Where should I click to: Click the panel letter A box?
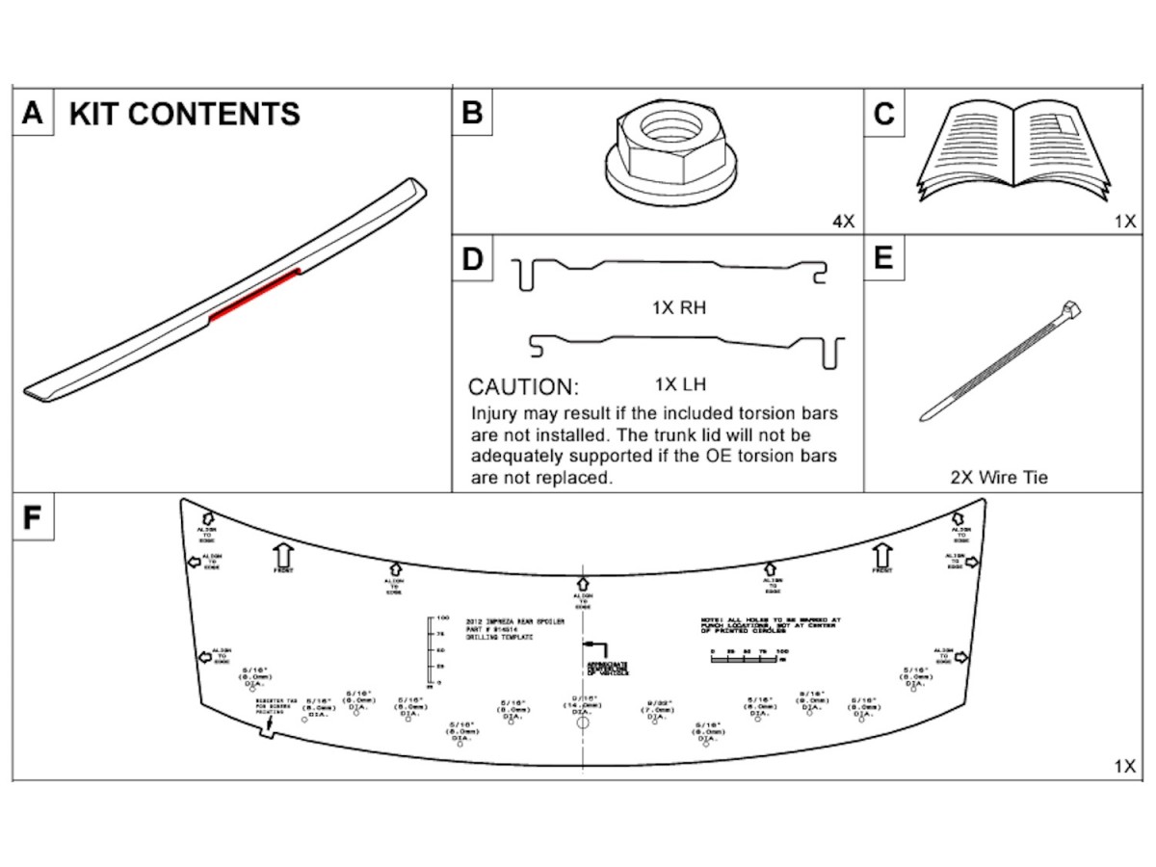tap(32, 114)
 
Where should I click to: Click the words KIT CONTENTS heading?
tap(184, 114)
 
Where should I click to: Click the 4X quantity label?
tap(843, 222)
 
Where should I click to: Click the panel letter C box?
tap(883, 114)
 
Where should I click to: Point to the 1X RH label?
tap(680, 308)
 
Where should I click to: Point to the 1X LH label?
tap(680, 384)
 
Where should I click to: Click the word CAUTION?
tap(523, 388)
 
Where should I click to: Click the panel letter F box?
tap(32, 516)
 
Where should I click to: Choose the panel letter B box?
tap(472, 114)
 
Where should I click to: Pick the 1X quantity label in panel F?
tap(1124, 767)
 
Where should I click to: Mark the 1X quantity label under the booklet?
tap(1124, 222)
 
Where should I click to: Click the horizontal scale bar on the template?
tap(748, 659)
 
